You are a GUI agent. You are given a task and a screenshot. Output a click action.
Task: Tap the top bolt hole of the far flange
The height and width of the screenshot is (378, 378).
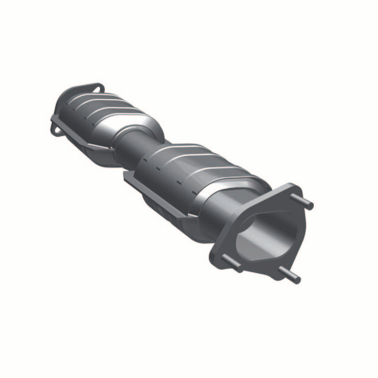coord(95,88)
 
